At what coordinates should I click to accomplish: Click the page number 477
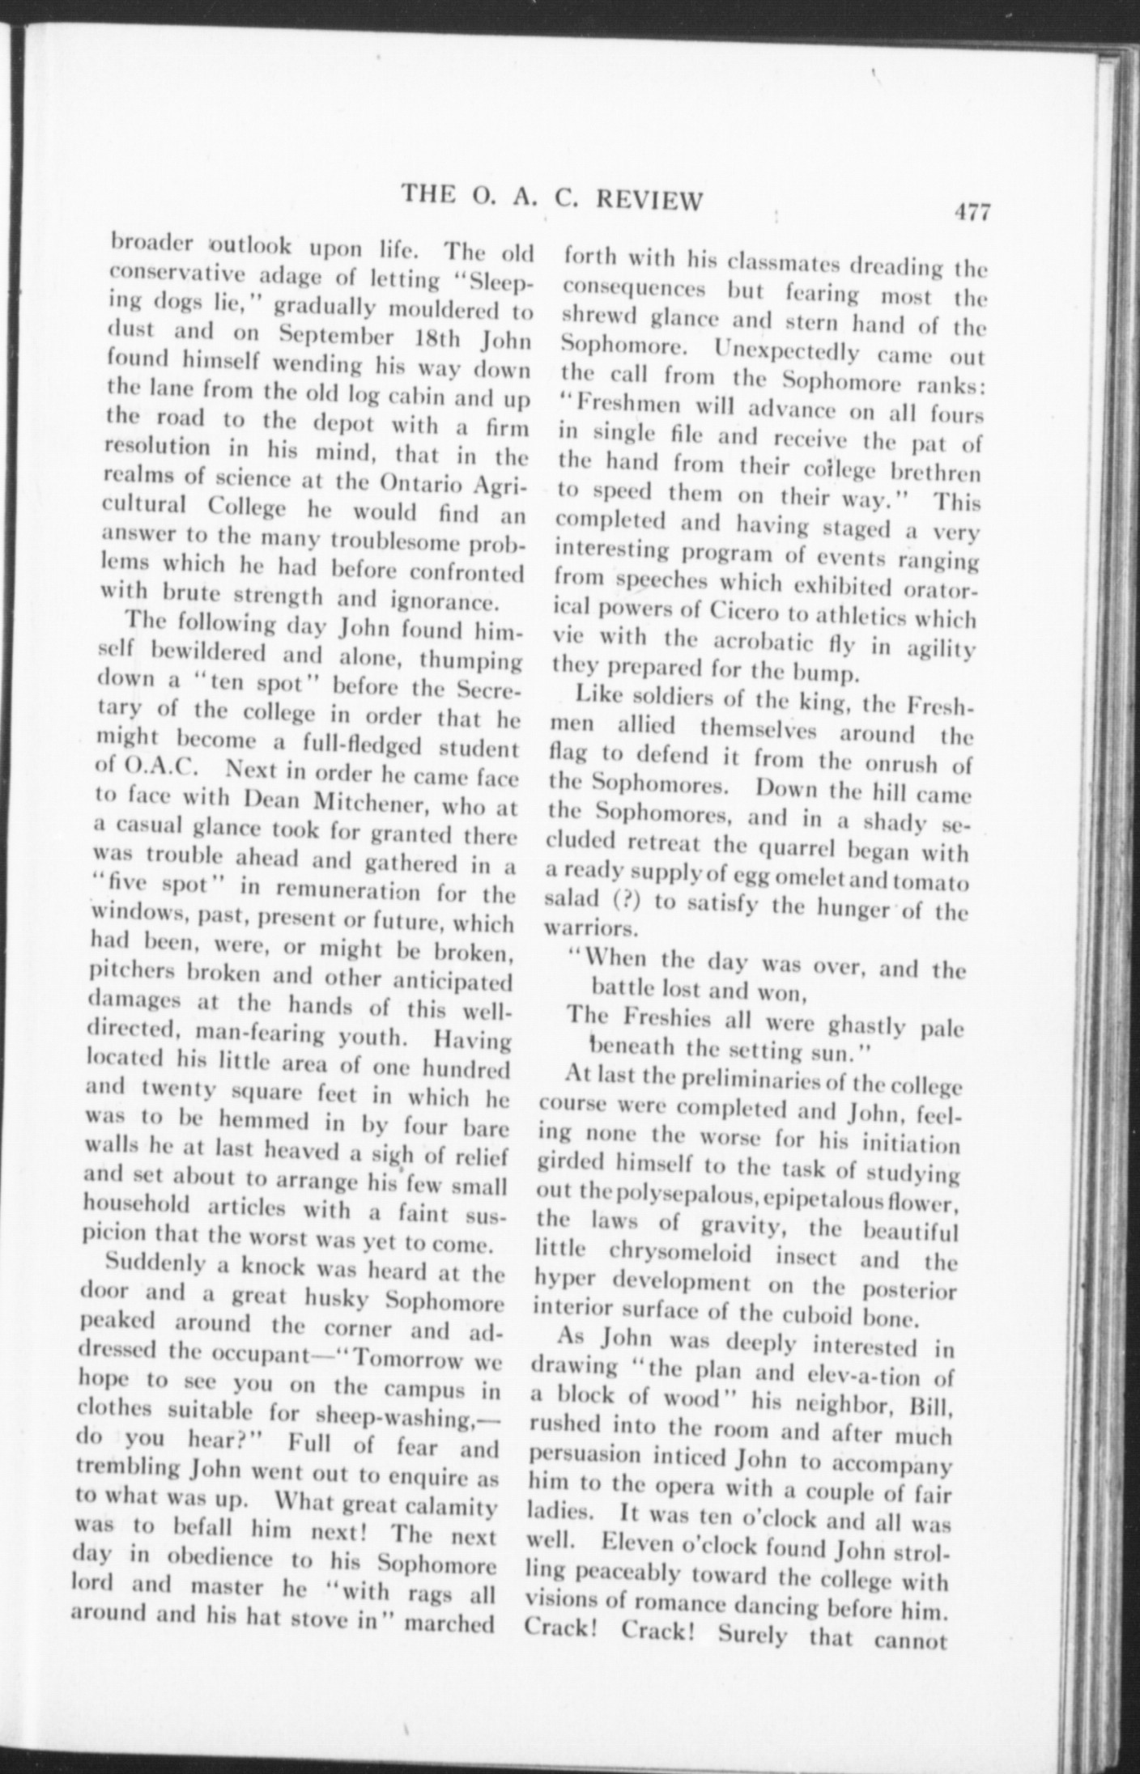972,212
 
